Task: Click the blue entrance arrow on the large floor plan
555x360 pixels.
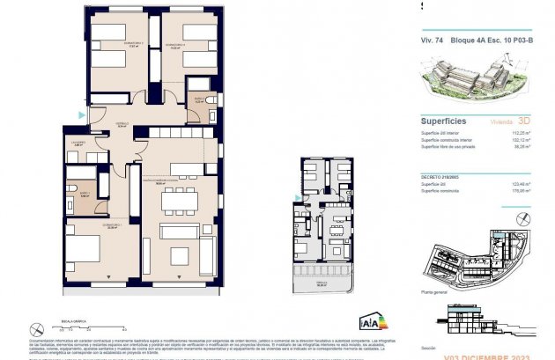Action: coord(82,115)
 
